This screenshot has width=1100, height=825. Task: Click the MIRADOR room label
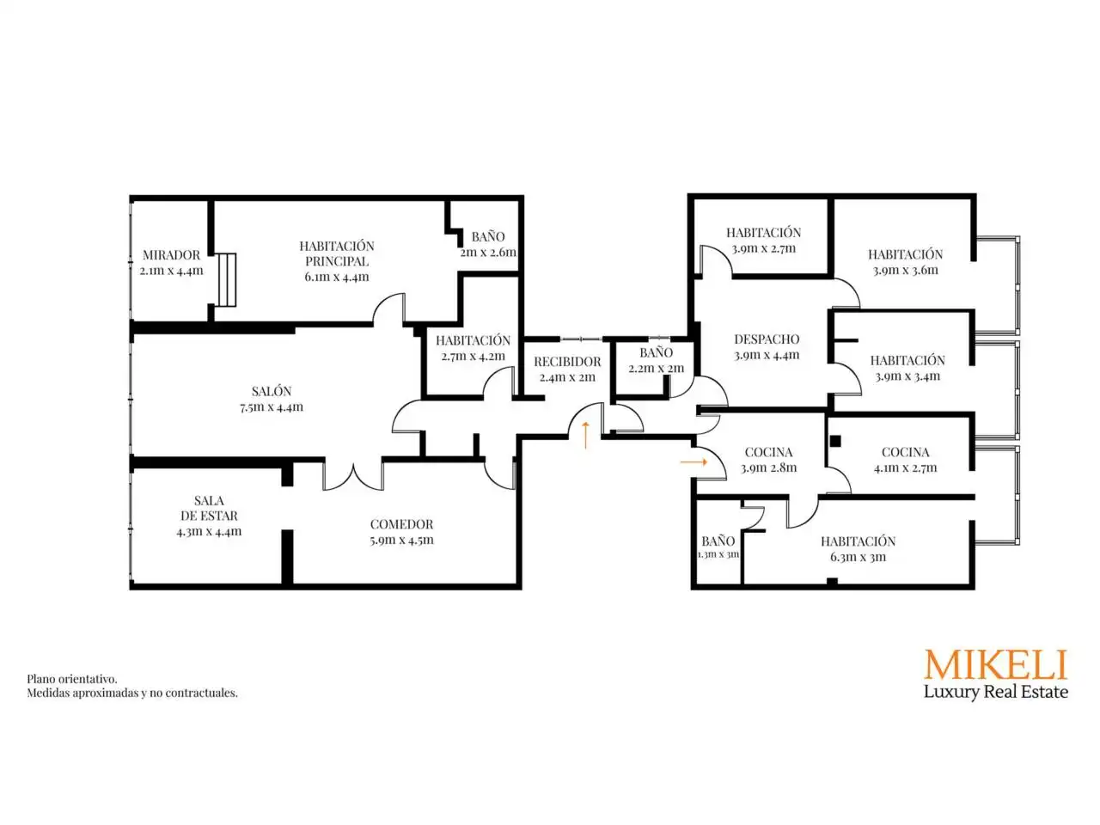click(171, 254)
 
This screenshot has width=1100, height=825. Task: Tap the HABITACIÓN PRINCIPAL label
click(336, 254)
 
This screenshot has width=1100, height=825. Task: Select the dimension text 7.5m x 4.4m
click(271, 406)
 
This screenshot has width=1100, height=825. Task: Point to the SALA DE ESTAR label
click(209, 507)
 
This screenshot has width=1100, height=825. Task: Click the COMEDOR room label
click(401, 524)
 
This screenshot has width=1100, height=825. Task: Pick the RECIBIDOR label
click(567, 361)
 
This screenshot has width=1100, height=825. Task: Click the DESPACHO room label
click(767, 339)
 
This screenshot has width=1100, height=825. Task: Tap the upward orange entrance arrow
click(585, 435)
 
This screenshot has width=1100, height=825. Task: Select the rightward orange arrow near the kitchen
click(693, 461)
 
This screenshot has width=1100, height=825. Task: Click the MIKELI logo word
click(995, 664)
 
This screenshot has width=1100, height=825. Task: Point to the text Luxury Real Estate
click(995, 693)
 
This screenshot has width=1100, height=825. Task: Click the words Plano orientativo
click(71, 679)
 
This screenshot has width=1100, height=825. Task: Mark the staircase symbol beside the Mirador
click(227, 279)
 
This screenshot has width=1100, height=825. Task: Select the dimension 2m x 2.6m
click(487, 252)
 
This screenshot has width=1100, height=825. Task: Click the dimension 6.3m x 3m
click(858, 557)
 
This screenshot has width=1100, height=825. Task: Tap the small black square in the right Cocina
click(835, 441)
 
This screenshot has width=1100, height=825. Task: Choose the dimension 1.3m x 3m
click(718, 554)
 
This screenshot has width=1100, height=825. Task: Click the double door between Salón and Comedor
click(353, 476)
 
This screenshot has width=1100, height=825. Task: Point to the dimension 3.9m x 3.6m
click(905, 271)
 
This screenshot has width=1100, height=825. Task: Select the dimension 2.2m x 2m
click(656, 368)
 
